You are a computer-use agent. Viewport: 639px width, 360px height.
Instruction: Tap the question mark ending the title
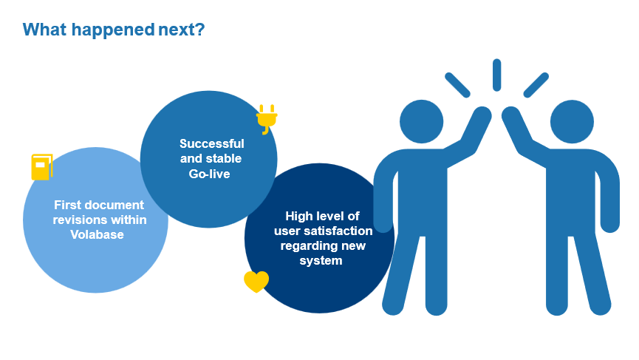(x=200, y=30)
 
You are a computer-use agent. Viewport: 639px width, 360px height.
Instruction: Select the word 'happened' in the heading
(x=113, y=30)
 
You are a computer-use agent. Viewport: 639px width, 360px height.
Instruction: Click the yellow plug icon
(x=267, y=119)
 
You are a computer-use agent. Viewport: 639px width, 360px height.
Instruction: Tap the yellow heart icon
(x=256, y=282)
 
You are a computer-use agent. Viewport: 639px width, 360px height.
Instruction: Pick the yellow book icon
(x=42, y=167)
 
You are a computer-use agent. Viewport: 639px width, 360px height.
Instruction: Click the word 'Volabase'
(x=97, y=234)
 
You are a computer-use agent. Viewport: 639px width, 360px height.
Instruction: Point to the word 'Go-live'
(x=210, y=174)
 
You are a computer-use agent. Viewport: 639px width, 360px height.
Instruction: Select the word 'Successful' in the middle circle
(x=212, y=143)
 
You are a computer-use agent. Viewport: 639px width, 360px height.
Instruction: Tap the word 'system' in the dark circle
(x=321, y=260)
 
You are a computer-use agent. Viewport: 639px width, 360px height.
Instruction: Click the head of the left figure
(x=421, y=121)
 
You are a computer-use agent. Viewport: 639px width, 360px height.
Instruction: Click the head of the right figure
(x=572, y=121)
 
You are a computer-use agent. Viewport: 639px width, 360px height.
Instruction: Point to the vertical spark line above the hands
(x=496, y=75)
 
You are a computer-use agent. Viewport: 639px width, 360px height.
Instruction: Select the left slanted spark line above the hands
(x=458, y=85)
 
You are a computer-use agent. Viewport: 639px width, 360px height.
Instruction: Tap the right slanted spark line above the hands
(x=536, y=85)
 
